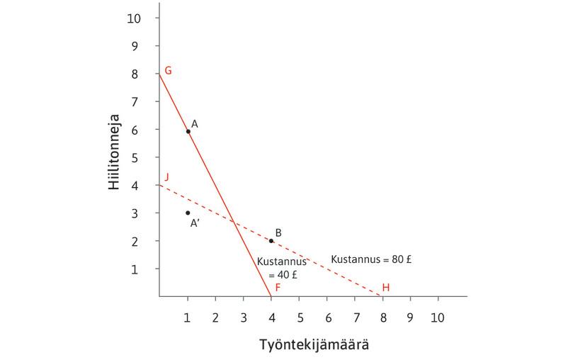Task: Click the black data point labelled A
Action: [x=188, y=131]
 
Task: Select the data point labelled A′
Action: [x=188, y=213]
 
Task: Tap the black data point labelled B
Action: [x=271, y=241]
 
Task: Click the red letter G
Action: [x=169, y=71]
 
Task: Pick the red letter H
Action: [x=386, y=287]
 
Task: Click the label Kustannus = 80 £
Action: [x=372, y=259]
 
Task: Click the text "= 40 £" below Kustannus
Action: [x=283, y=274]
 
